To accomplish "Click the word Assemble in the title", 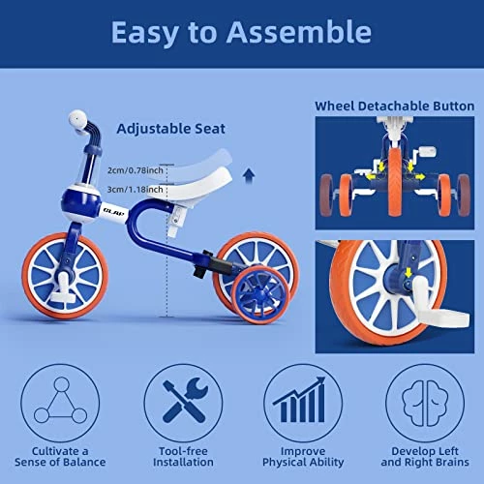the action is [299, 32].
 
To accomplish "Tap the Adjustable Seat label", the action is [170, 129].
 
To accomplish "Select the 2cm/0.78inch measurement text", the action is [136, 170].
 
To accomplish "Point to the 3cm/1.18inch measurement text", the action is [135, 189].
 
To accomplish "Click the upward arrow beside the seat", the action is [249, 176].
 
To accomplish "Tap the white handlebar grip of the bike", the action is [77, 120].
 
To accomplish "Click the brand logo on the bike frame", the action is [114, 212].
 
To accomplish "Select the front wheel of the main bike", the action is [65, 275].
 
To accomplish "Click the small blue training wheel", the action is [259, 294].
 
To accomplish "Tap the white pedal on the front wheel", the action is [63, 289].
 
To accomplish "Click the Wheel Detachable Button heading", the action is [394, 106].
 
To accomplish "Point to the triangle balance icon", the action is [60, 401].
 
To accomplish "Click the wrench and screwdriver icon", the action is [185, 401].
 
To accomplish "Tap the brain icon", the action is [425, 403].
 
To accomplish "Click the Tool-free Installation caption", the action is [183, 457].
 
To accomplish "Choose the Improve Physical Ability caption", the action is [303, 457].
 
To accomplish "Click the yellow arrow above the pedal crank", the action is [408, 272].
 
